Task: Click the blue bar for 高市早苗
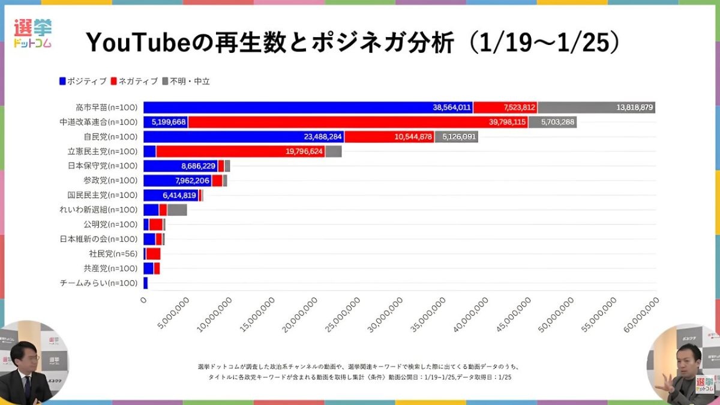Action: click(288, 107)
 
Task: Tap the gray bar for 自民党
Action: click(456, 137)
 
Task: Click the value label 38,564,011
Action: click(451, 107)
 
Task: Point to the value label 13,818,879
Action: click(634, 107)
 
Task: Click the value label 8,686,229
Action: click(198, 166)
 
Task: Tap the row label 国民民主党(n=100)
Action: click(103, 195)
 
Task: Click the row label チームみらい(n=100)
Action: click(99, 283)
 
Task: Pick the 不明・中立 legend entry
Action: click(185, 81)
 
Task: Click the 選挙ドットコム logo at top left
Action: click(33, 33)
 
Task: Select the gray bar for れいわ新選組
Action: click(177, 210)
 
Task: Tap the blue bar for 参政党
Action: click(177, 181)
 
